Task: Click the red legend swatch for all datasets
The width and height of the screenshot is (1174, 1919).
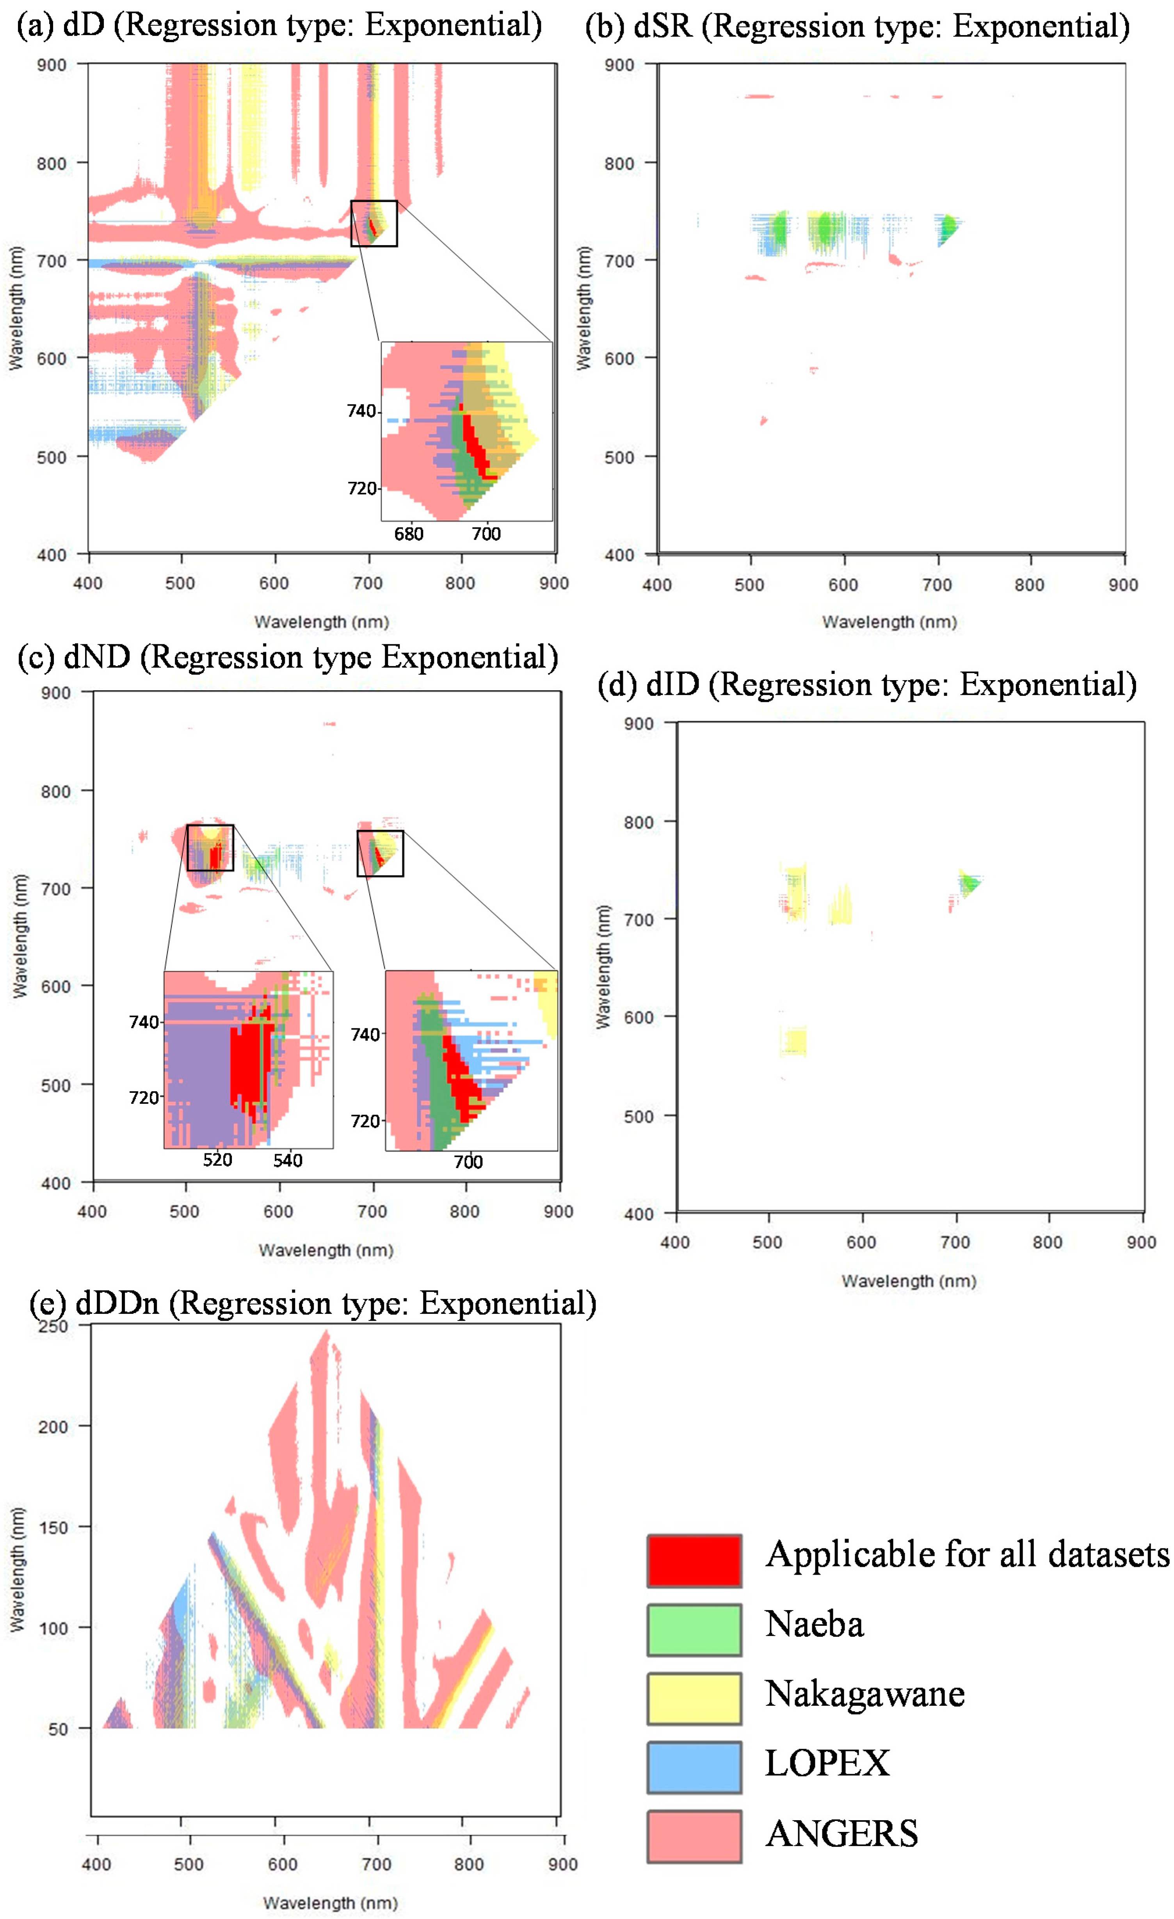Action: click(694, 1560)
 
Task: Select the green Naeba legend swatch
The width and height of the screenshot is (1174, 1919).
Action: click(694, 1629)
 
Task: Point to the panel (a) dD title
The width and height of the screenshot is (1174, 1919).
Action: click(279, 25)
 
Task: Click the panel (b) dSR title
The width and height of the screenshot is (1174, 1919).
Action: click(857, 27)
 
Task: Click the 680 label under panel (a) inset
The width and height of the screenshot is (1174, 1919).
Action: click(409, 534)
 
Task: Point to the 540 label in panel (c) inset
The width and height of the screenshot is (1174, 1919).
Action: click(287, 1160)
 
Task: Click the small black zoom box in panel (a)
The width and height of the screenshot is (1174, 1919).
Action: click(374, 223)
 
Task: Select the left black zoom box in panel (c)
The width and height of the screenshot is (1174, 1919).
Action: click(210, 847)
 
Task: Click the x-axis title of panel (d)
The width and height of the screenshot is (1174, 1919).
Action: click(909, 1281)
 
